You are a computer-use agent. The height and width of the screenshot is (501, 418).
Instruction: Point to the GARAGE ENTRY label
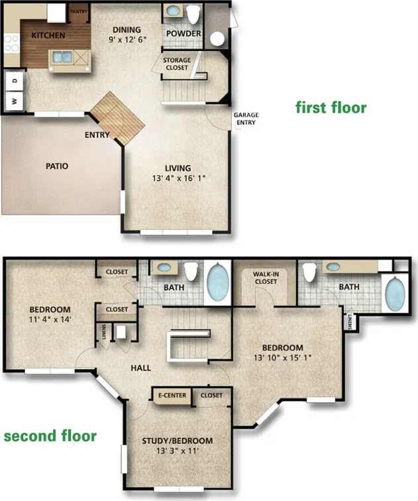[245, 119]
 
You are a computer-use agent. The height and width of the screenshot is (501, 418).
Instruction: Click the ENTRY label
[97, 135]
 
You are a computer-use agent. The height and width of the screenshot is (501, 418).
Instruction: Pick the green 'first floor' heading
[331, 107]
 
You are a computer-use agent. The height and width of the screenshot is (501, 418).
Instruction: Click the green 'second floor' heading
[50, 436]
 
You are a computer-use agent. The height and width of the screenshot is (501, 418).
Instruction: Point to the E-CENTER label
[171, 396]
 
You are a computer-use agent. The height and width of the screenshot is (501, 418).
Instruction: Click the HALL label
[140, 368]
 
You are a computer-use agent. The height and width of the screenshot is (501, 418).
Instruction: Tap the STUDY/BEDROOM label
[178, 441]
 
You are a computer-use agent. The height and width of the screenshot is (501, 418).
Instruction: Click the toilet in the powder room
[194, 13]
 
